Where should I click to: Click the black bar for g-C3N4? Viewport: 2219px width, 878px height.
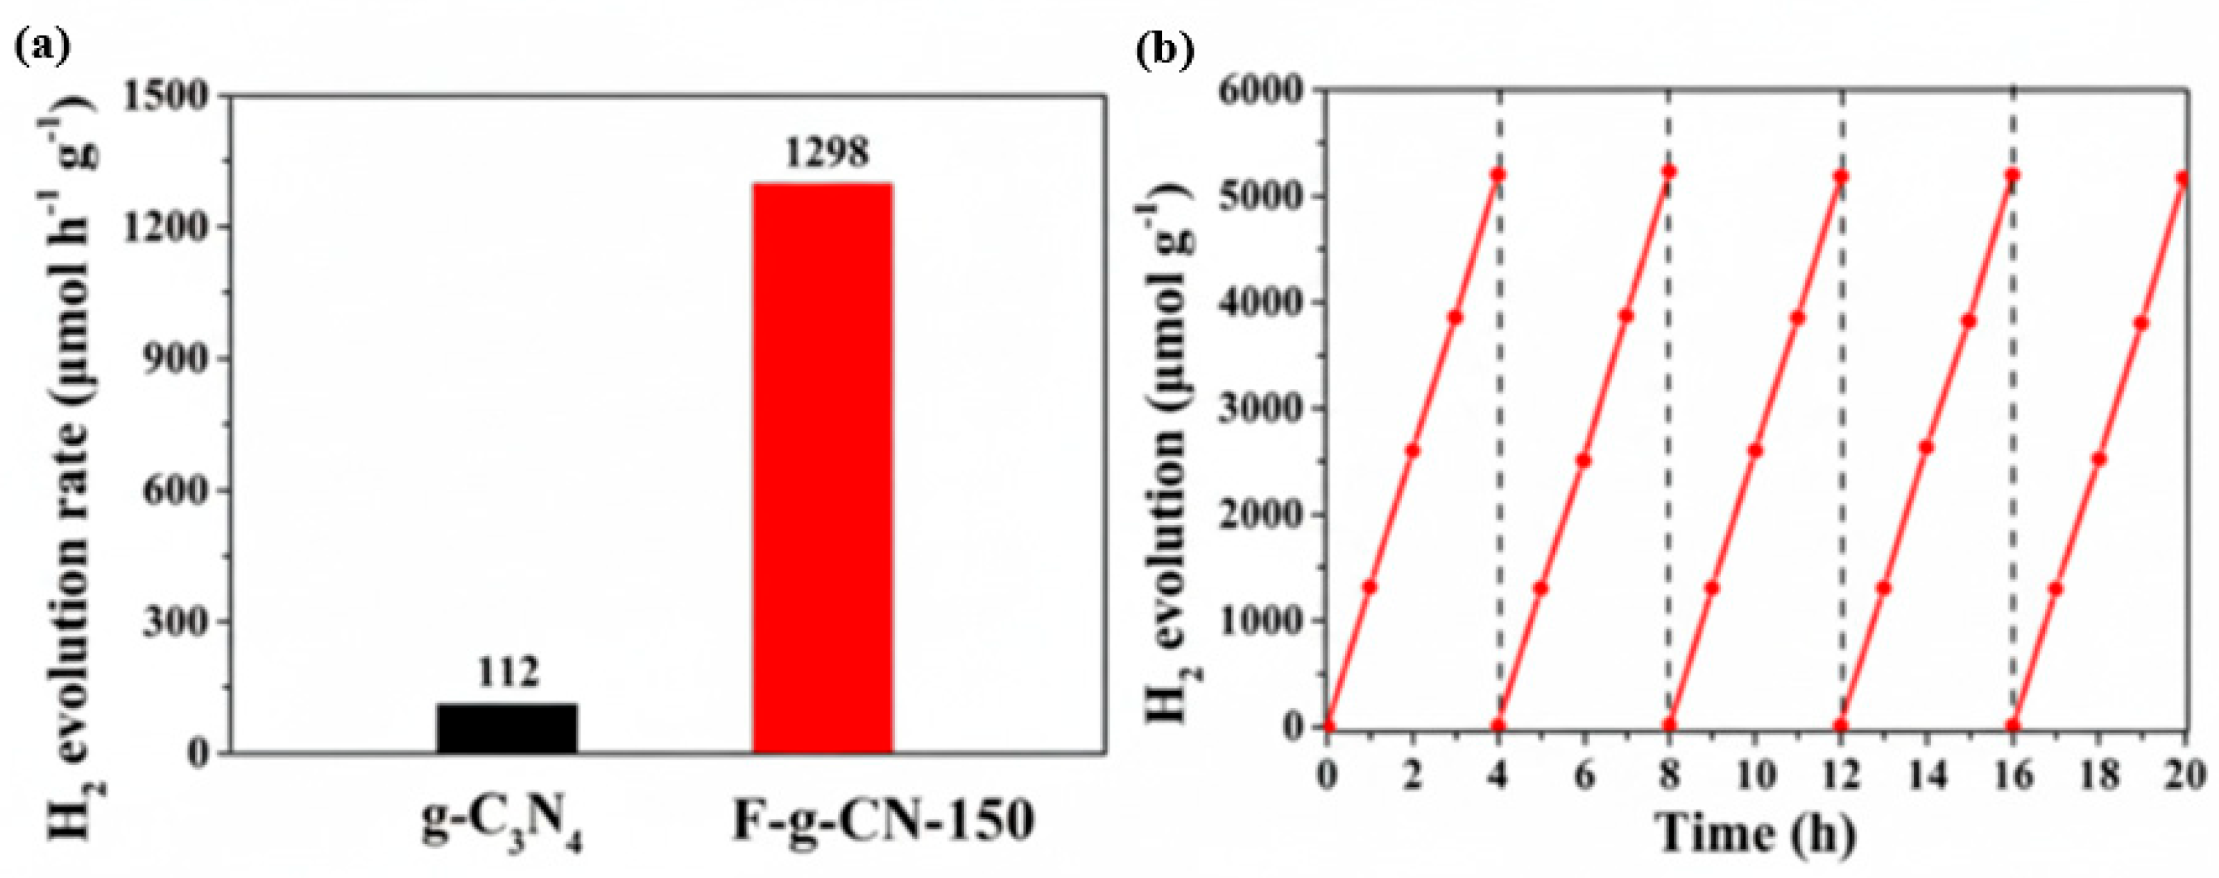click(506, 728)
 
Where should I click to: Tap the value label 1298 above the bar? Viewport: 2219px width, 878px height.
click(825, 154)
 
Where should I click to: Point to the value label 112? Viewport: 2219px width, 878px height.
click(508, 672)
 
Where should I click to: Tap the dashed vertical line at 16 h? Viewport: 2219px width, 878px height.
click(2013, 431)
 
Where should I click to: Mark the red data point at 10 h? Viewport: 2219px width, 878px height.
click(1756, 451)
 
